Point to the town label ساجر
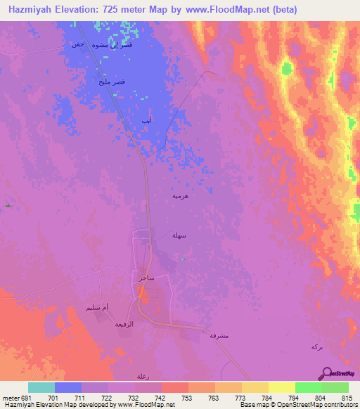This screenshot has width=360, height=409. (x=147, y=278)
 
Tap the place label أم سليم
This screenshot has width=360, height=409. (x=96, y=308)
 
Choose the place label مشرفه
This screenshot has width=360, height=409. (x=218, y=335)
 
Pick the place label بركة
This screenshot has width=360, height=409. (x=318, y=347)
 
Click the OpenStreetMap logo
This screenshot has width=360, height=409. (x=341, y=373)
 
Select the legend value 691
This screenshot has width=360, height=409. (x=20, y=398)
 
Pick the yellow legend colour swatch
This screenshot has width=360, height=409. (x=281, y=387)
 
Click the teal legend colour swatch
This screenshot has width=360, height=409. (x=41, y=387)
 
